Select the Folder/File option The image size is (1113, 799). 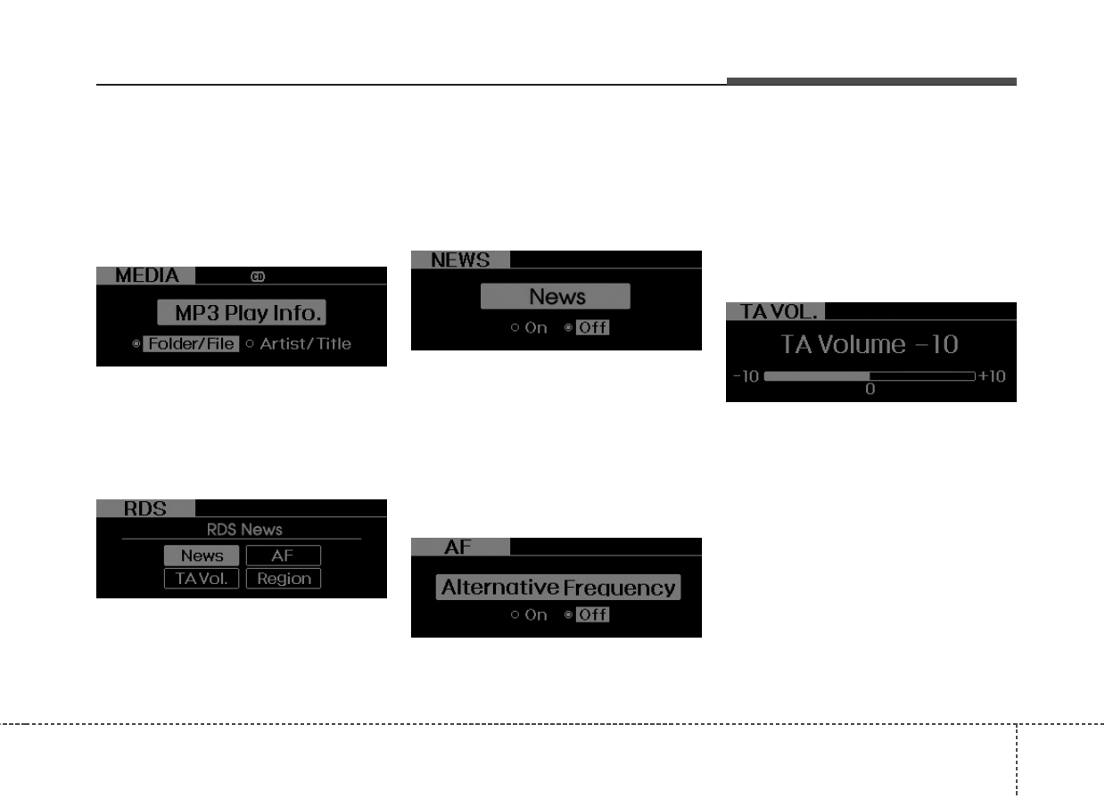pos(190,344)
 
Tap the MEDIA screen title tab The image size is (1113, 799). pos(145,276)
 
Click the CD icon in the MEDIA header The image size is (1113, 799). pos(258,276)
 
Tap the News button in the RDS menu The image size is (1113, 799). pos(202,556)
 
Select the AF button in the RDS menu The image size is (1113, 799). pos(283,556)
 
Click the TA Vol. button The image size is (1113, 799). pos(202,579)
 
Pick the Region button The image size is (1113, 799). pos(283,579)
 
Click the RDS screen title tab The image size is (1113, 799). pos(144,508)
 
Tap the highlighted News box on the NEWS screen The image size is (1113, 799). pos(556,296)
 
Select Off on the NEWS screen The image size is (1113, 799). pos(592,327)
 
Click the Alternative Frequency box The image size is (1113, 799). pos(558,588)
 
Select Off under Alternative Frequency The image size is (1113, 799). pos(592,614)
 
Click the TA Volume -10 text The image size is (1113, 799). pos(870,344)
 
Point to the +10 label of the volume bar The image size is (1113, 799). pos(992,376)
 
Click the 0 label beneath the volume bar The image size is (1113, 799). pos(870,390)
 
